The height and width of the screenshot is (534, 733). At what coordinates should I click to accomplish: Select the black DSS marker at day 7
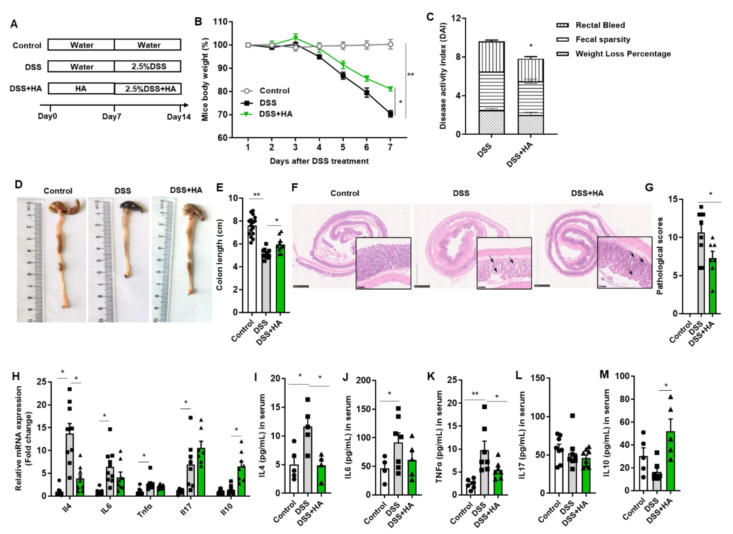[390, 114]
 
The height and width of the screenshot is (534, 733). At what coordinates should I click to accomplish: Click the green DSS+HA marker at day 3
[295, 38]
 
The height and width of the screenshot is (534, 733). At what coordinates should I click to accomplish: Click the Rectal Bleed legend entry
[600, 25]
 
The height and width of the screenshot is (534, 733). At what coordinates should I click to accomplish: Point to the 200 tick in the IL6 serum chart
[363, 380]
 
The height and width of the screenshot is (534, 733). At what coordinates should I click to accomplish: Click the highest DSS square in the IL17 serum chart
[572, 415]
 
